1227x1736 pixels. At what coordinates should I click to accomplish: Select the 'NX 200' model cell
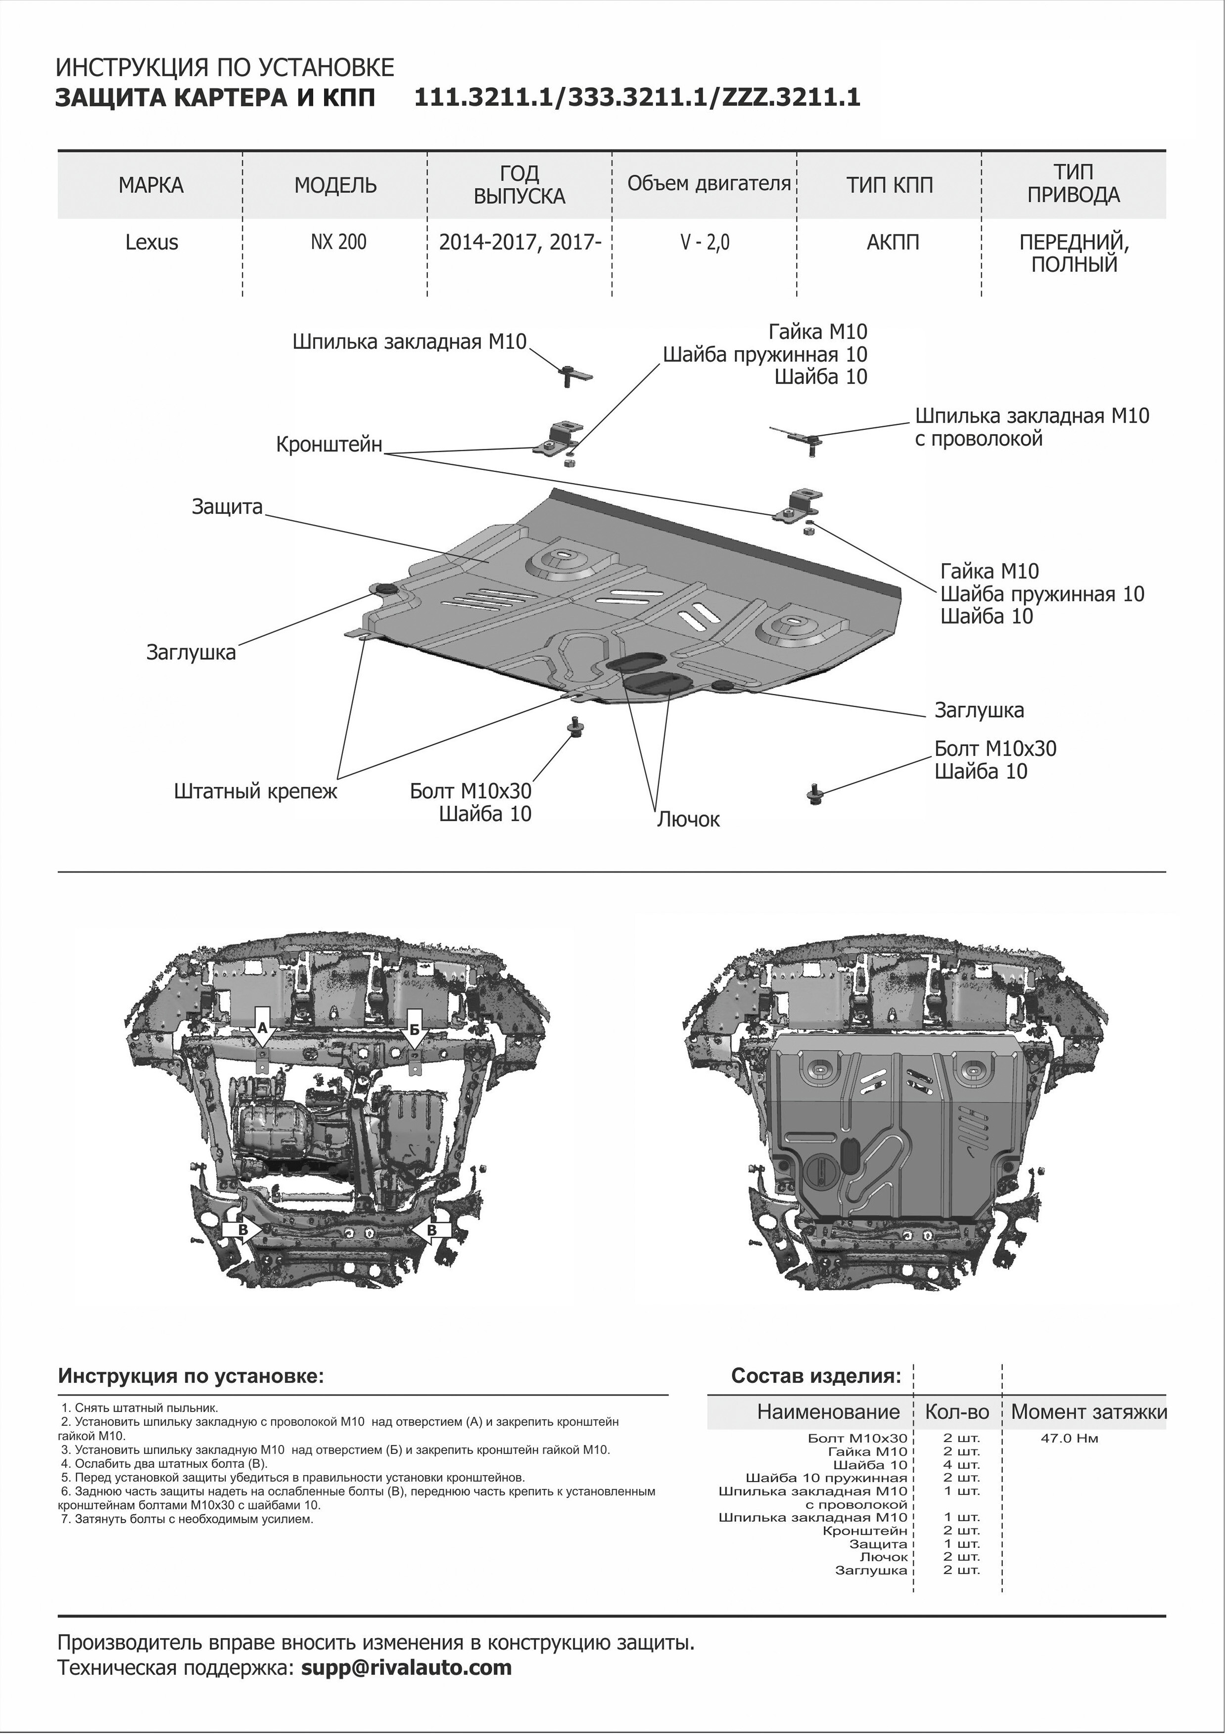coord(338,242)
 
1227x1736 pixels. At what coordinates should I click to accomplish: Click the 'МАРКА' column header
coord(151,185)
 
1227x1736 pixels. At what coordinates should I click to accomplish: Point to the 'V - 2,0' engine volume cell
coord(706,242)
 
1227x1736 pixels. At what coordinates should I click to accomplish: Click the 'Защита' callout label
coord(227,507)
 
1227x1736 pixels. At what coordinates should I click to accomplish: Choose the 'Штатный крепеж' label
coord(255,792)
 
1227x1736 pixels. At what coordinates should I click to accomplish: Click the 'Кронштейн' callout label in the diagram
coord(330,444)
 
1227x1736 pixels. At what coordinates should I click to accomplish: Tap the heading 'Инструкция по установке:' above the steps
coord(191,1375)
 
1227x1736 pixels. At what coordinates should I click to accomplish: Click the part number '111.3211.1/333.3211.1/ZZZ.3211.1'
coord(637,98)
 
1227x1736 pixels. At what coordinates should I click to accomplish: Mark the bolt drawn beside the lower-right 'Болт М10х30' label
coord(815,794)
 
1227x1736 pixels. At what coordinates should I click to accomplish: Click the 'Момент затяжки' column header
coord(1088,1412)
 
